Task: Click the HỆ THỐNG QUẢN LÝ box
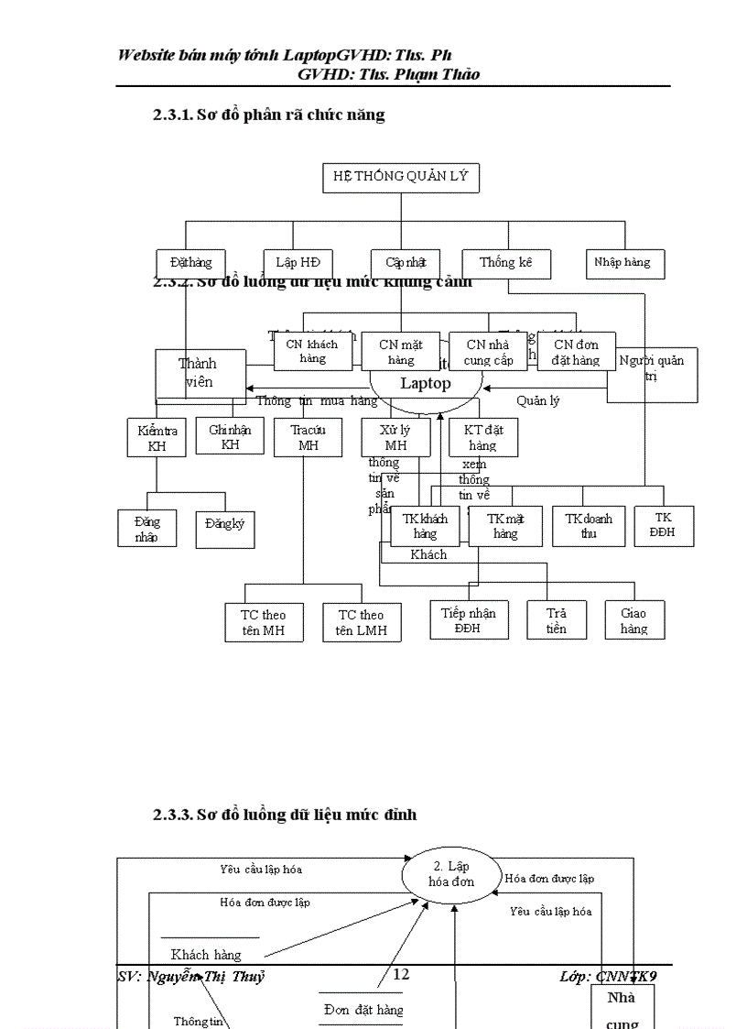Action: [400, 177]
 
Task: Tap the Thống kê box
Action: [506, 263]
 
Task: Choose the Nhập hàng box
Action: [625, 263]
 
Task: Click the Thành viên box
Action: [199, 373]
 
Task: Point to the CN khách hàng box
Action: [312, 352]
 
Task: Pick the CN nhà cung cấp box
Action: [488, 352]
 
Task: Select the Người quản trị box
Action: [652, 374]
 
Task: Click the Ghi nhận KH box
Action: [230, 436]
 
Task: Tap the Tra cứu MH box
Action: [308, 437]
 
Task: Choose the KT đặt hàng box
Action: [482, 437]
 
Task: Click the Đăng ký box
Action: [224, 529]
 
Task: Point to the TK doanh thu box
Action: [589, 526]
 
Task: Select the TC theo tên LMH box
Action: [361, 622]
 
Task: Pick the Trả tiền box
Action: [556, 620]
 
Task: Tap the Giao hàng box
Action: [633, 620]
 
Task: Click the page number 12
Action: [401, 974]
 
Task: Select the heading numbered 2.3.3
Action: [285, 814]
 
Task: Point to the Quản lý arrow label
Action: [537, 400]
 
